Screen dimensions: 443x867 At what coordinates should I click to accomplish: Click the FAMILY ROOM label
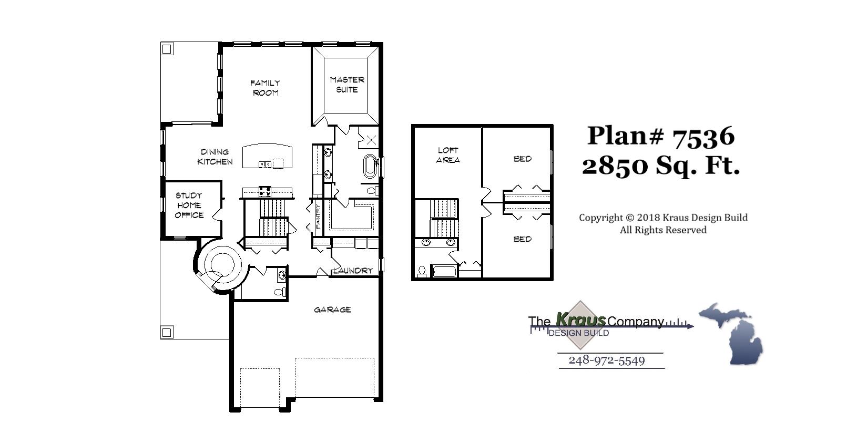click(265, 88)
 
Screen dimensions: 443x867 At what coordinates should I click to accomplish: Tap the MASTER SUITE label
click(347, 85)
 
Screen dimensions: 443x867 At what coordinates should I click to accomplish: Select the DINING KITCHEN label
click(215, 157)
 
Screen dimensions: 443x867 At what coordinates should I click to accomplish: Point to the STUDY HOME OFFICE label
click(189, 205)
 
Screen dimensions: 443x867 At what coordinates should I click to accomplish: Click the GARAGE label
click(332, 310)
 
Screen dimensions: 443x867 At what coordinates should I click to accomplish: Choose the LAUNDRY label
click(353, 271)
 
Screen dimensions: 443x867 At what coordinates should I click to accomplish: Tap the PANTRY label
click(318, 216)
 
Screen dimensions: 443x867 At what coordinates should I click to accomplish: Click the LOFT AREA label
click(448, 155)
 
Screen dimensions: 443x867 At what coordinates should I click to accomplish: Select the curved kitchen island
click(267, 156)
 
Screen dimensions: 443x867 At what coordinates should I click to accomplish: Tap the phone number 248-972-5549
click(607, 360)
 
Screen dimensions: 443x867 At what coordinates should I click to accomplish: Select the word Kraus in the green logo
click(581, 319)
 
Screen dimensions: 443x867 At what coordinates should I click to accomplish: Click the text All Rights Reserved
click(663, 230)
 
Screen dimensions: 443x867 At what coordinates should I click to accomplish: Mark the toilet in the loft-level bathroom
click(422, 271)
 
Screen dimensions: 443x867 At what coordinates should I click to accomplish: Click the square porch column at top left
click(167, 49)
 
